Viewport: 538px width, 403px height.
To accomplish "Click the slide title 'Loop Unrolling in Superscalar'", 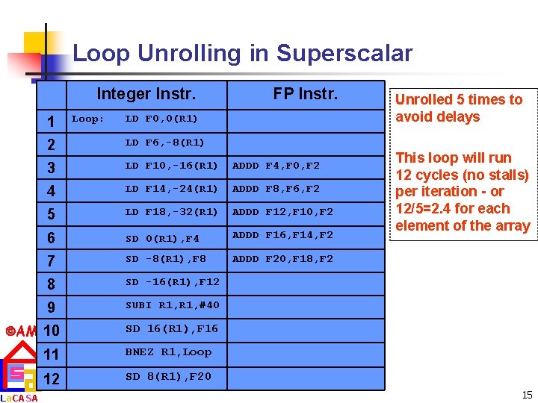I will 242,54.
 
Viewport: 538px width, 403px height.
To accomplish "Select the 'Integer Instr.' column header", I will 146,94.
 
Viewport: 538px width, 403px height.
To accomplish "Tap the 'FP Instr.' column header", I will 305,94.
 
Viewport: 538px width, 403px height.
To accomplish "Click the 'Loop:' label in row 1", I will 88,119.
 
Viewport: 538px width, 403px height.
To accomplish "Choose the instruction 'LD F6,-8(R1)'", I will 164,142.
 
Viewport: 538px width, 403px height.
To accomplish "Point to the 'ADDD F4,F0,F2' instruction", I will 276,165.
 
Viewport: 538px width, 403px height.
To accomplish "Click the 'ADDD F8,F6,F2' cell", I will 276,189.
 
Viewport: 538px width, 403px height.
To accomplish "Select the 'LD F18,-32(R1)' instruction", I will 171,212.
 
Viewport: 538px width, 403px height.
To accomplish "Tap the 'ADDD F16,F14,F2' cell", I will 282,235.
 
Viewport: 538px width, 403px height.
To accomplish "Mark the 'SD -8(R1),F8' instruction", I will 165,259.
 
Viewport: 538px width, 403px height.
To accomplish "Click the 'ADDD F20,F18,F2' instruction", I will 282,259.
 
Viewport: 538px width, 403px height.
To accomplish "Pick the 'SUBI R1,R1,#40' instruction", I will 172,305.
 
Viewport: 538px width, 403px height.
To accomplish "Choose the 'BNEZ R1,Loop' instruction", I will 168,352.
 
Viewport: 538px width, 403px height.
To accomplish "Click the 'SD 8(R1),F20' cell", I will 168,376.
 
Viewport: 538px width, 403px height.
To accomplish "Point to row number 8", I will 51,284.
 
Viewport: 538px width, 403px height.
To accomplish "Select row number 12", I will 51,378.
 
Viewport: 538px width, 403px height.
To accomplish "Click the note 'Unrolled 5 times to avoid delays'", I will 459,108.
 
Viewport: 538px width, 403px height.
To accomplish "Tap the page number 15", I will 528,395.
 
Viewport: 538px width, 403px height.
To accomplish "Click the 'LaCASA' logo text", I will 20,398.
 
